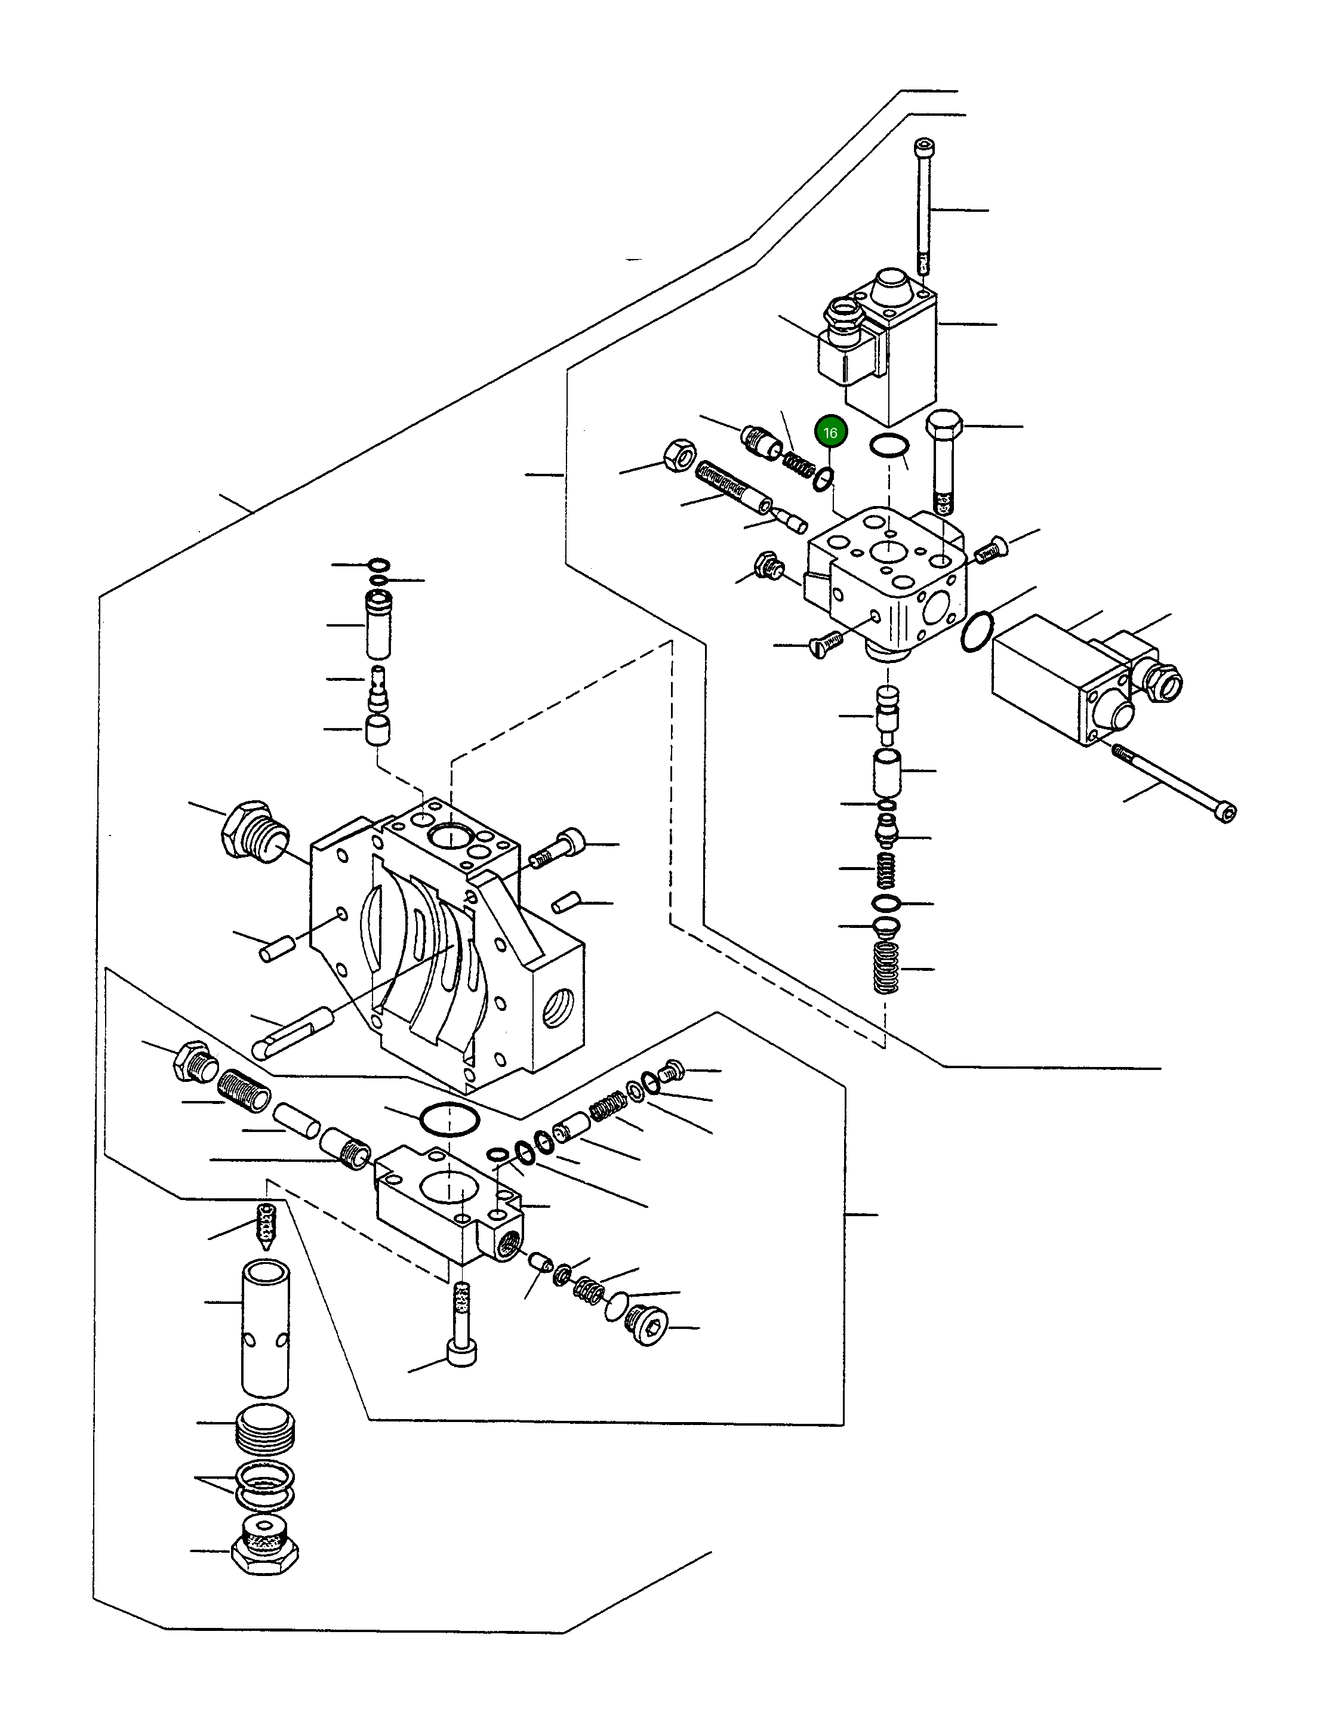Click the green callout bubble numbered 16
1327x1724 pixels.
pyautogui.click(x=830, y=433)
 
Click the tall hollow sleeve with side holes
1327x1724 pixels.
pyautogui.click(x=265, y=1328)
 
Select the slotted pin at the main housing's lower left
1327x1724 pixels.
pyautogui.click(x=291, y=1029)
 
